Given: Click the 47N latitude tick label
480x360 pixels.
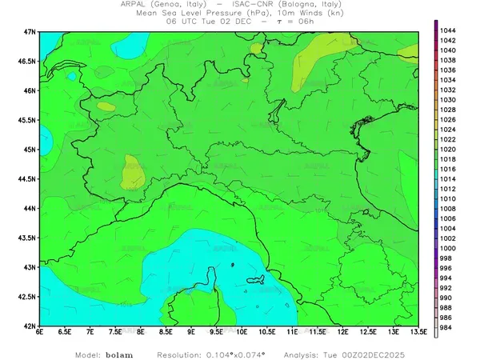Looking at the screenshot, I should coord(30,31).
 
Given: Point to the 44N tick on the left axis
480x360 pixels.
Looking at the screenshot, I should coord(30,208).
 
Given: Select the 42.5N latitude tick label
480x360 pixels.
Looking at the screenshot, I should coord(27,297).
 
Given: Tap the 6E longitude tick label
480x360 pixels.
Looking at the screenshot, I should coord(40,332).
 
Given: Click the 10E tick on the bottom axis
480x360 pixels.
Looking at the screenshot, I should coord(242,332).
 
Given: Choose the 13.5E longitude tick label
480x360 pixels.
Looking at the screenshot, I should coord(417,332).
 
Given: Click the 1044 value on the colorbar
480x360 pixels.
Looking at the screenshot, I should coord(448,30).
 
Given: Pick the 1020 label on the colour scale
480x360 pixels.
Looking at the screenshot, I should coord(448,149).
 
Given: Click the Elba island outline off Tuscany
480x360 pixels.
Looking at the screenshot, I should coord(256,280).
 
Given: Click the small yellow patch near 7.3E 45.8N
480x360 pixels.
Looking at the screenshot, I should coord(105,105).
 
